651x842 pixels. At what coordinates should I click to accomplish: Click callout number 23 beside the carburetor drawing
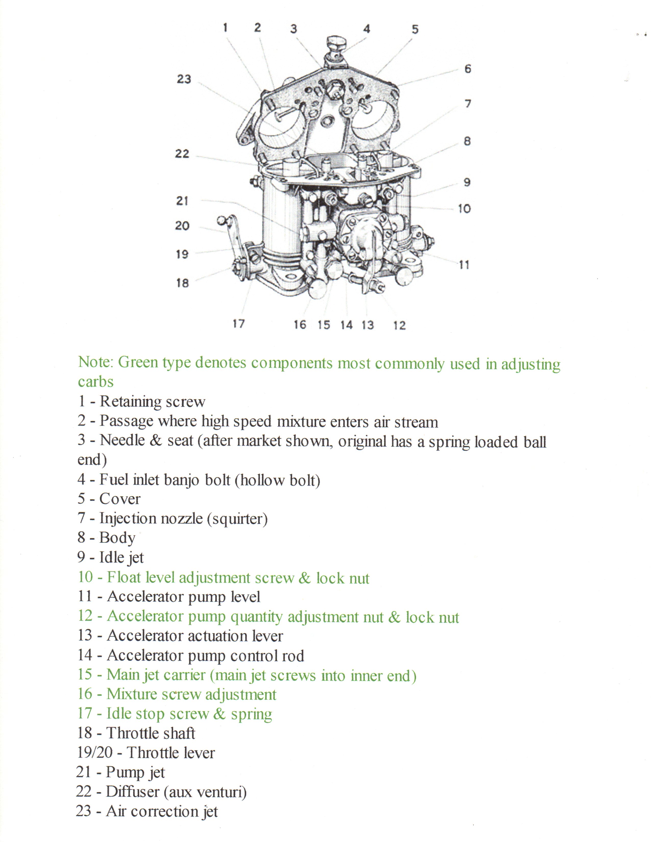pyautogui.click(x=184, y=79)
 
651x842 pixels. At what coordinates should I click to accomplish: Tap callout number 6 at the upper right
pyautogui.click(x=467, y=69)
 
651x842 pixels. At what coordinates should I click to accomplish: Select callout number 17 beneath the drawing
pyautogui.click(x=238, y=324)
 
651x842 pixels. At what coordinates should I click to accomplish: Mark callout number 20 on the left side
pyautogui.click(x=182, y=226)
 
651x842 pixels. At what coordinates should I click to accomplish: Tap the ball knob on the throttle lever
pyautogui.click(x=222, y=220)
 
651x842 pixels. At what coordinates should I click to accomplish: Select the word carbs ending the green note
pyautogui.click(x=96, y=382)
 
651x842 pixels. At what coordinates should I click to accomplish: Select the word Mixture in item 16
pyautogui.click(x=131, y=694)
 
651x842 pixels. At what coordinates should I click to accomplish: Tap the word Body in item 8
pyautogui.click(x=117, y=538)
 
